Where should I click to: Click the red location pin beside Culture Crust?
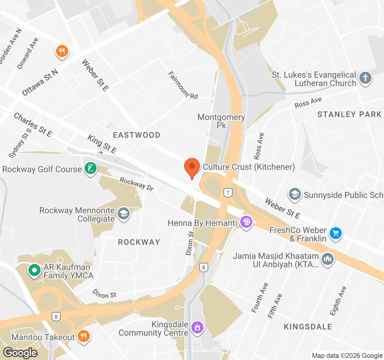click(192, 167)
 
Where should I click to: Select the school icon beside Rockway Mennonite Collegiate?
click(123, 214)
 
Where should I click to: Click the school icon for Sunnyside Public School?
click(295, 194)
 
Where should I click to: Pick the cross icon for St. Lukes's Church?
click(365, 78)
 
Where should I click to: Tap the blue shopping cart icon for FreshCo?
click(335, 233)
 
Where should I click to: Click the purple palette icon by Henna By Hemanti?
click(246, 222)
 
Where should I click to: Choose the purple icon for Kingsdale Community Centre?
click(197, 327)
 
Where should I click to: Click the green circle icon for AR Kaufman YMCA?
click(34, 270)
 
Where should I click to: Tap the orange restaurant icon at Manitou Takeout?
click(83, 336)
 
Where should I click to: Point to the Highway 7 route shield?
click(228, 193)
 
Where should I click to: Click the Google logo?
click(20, 353)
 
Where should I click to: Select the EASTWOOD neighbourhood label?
click(136, 135)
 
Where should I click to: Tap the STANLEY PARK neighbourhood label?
click(349, 114)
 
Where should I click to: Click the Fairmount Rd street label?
click(182, 85)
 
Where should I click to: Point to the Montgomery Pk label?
click(221, 121)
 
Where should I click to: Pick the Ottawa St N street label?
click(40, 82)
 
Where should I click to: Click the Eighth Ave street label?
click(338, 301)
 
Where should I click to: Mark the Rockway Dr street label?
click(136, 184)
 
